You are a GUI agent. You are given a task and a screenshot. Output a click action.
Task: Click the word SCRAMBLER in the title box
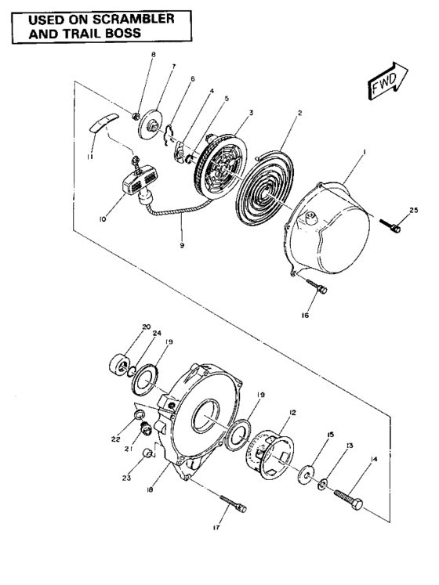(x=125, y=17)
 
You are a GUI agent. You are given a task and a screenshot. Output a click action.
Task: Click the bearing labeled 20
(x=122, y=363)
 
